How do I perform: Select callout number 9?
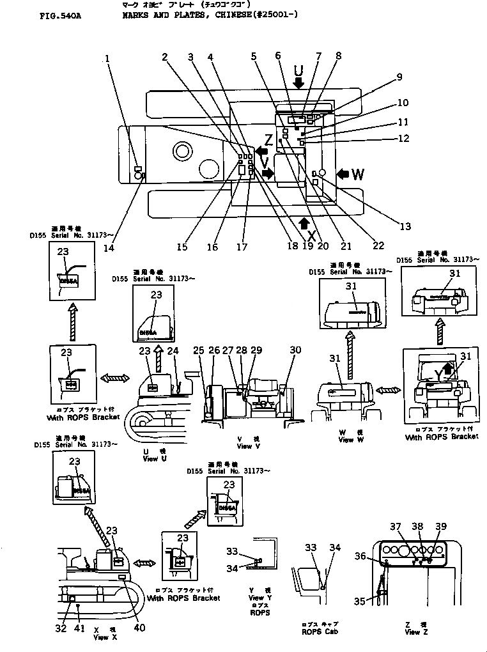point(399,77)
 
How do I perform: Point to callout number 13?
point(405,225)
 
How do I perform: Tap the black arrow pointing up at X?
point(304,222)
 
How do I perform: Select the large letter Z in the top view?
point(269,140)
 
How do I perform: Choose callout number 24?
point(173,350)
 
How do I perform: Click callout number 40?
point(139,627)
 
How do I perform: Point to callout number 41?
point(79,627)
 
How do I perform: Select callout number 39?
point(440,526)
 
